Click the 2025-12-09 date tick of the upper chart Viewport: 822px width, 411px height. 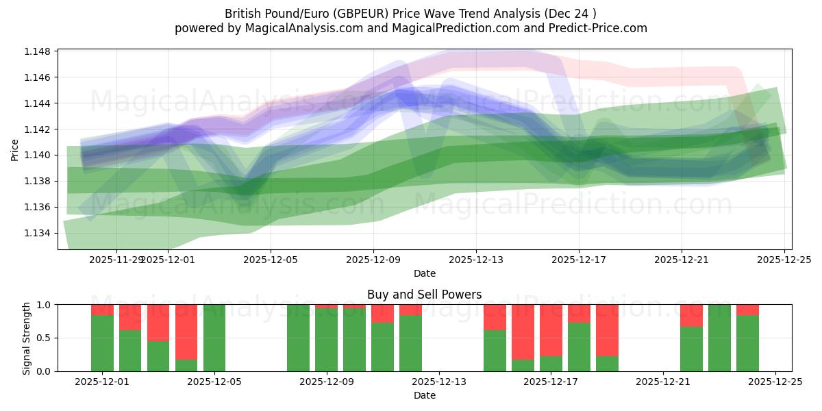tap(373, 260)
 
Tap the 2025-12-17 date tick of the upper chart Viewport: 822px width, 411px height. tap(579, 260)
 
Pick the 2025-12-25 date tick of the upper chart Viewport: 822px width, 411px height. tap(784, 260)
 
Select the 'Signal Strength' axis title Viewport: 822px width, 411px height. tap(26, 338)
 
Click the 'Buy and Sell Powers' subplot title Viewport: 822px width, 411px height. tap(424, 295)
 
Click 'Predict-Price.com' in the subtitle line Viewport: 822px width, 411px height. tap(597, 28)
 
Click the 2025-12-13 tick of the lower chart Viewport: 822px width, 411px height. tap(439, 382)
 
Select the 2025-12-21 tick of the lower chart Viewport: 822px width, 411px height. tap(663, 382)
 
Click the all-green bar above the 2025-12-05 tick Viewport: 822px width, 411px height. tap(214, 338)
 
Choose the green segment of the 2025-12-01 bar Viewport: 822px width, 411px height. tap(102, 342)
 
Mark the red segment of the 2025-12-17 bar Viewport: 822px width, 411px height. tap(551, 329)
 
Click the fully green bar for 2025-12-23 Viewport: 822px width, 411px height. tap(719, 338)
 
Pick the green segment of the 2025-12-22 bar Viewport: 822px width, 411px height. tap(691, 349)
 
